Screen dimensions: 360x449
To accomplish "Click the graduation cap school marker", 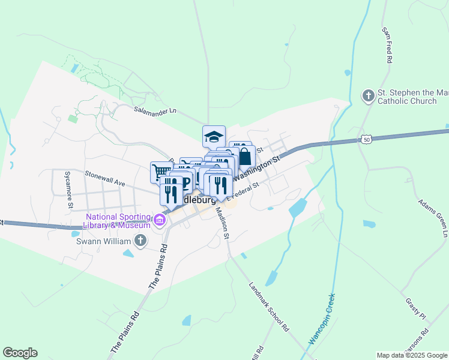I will [214, 137].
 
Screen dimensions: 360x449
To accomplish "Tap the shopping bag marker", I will [245, 157].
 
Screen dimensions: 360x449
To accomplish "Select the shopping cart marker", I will [160, 172].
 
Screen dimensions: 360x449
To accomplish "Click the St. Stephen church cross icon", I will [368, 96].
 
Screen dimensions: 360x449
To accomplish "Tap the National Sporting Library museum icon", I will [159, 220].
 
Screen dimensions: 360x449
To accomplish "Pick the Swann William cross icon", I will [140, 241].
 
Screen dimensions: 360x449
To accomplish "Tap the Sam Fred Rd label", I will [387, 45].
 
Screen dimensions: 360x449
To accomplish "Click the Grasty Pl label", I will [415, 309].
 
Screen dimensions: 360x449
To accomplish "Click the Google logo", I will [20, 352].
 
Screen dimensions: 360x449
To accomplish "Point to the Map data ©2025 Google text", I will [411, 355].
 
